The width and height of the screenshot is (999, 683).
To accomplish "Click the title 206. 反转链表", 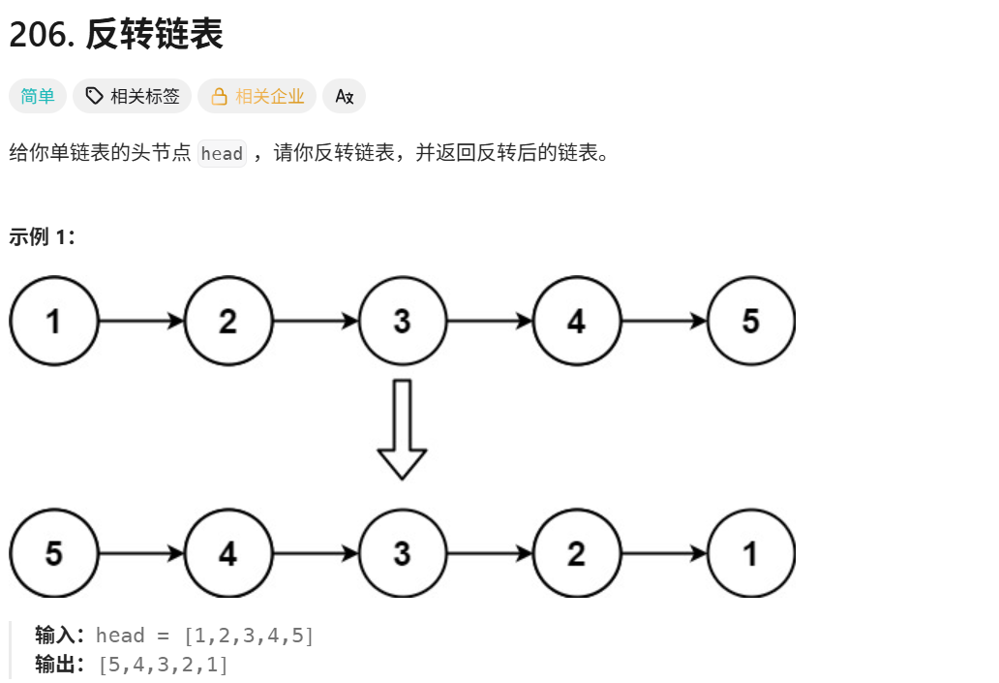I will (x=116, y=34).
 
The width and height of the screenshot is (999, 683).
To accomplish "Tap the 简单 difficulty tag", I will (x=38, y=96).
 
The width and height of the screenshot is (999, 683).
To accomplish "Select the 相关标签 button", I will (x=133, y=96).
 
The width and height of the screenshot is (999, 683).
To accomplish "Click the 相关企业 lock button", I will (x=257, y=96).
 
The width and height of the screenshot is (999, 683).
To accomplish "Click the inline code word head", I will (x=222, y=154).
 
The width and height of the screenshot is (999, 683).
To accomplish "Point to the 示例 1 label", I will (x=43, y=237).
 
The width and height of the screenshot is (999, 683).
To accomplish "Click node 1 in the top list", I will (x=54, y=321).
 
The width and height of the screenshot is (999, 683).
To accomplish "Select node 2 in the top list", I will (x=228, y=321).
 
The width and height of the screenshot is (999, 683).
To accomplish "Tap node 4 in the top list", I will (x=577, y=321).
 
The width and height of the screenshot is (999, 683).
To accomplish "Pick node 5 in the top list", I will (x=751, y=321).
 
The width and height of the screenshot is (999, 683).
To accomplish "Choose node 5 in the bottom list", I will (x=54, y=553).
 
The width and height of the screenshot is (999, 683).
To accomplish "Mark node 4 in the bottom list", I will (x=228, y=553).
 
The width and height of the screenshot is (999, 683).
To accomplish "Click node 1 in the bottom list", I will (x=751, y=553).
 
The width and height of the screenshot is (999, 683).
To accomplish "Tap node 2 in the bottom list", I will (x=577, y=553).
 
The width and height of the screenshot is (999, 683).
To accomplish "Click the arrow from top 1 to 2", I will (x=141, y=321).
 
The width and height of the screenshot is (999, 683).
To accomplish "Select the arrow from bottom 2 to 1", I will (x=664, y=553).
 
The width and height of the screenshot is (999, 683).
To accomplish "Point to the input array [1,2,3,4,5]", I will (x=249, y=636).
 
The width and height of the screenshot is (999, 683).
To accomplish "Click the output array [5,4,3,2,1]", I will (x=164, y=666).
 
